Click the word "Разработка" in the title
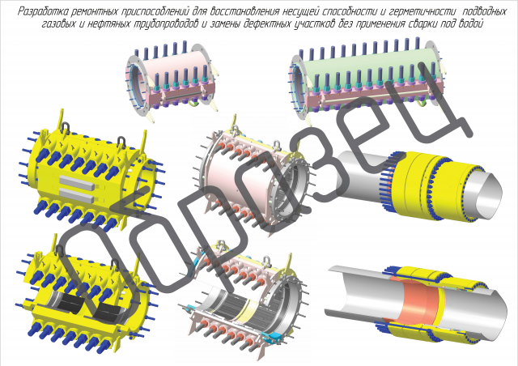click(x=39, y=12)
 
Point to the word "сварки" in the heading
click(x=421, y=24)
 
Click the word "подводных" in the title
click(x=484, y=12)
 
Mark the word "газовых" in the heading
click(x=59, y=24)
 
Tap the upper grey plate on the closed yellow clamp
click(x=77, y=181)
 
